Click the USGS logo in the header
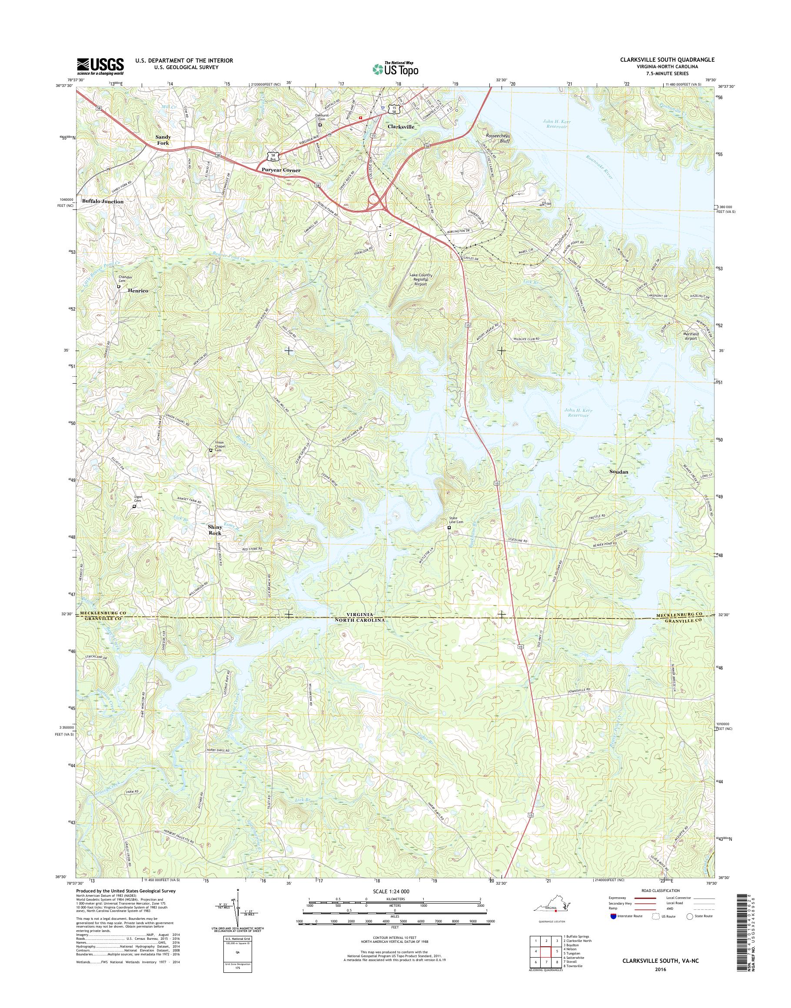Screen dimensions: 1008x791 [100, 66]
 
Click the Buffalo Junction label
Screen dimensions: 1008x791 [103, 202]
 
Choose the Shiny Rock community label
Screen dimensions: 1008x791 [214, 530]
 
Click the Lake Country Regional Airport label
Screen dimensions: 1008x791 [421, 280]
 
